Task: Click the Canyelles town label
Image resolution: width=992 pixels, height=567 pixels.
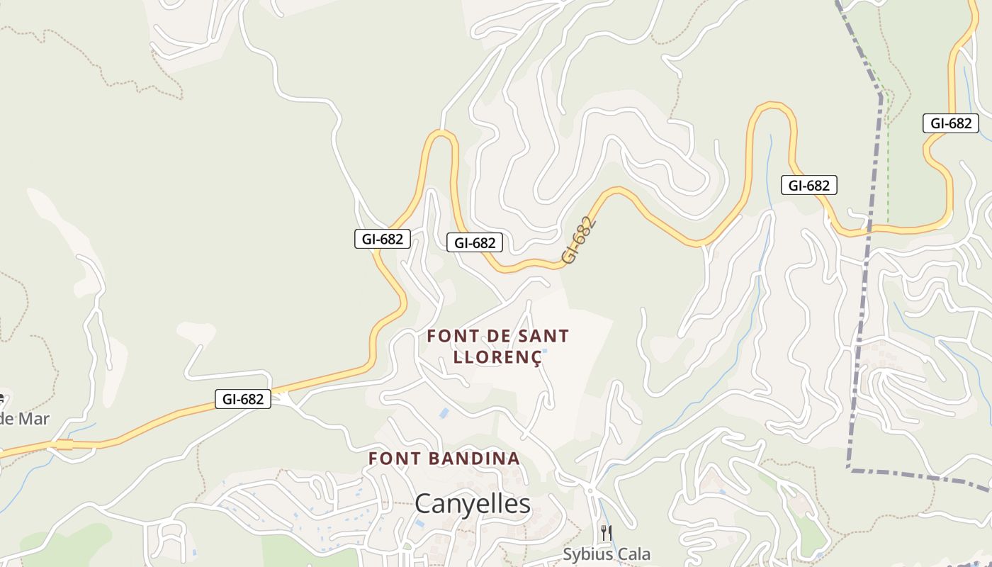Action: [473, 504]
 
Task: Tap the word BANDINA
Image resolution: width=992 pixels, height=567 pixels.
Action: [475, 459]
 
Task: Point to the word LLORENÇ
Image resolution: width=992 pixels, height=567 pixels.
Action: [497, 357]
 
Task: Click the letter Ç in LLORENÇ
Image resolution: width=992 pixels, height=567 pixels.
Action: [536, 357]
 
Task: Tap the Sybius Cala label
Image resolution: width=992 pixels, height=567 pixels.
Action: [607, 554]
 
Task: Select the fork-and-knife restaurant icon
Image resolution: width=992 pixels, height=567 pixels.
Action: [606, 533]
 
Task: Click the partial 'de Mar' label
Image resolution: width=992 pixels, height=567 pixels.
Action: [24, 418]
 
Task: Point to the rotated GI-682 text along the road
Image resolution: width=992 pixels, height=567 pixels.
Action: [580, 241]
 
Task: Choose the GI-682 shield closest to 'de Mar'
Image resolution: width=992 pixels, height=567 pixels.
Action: [243, 399]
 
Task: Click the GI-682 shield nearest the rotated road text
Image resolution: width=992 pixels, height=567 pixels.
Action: [475, 243]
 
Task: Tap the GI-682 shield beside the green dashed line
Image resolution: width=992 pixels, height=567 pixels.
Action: [950, 123]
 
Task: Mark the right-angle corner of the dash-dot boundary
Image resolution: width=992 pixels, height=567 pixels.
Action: [849, 468]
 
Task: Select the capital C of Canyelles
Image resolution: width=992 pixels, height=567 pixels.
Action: [423, 504]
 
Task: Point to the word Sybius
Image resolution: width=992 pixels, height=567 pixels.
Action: [588, 554]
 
